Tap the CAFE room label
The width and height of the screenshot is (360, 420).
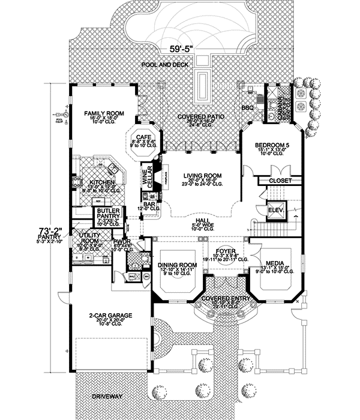coord(143,137)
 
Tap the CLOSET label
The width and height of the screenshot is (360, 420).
coord(281,181)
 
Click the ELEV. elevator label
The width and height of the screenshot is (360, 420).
coord(275,210)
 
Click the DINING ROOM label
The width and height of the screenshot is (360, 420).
coord(178,265)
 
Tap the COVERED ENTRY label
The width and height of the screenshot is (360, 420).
coord(226,298)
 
